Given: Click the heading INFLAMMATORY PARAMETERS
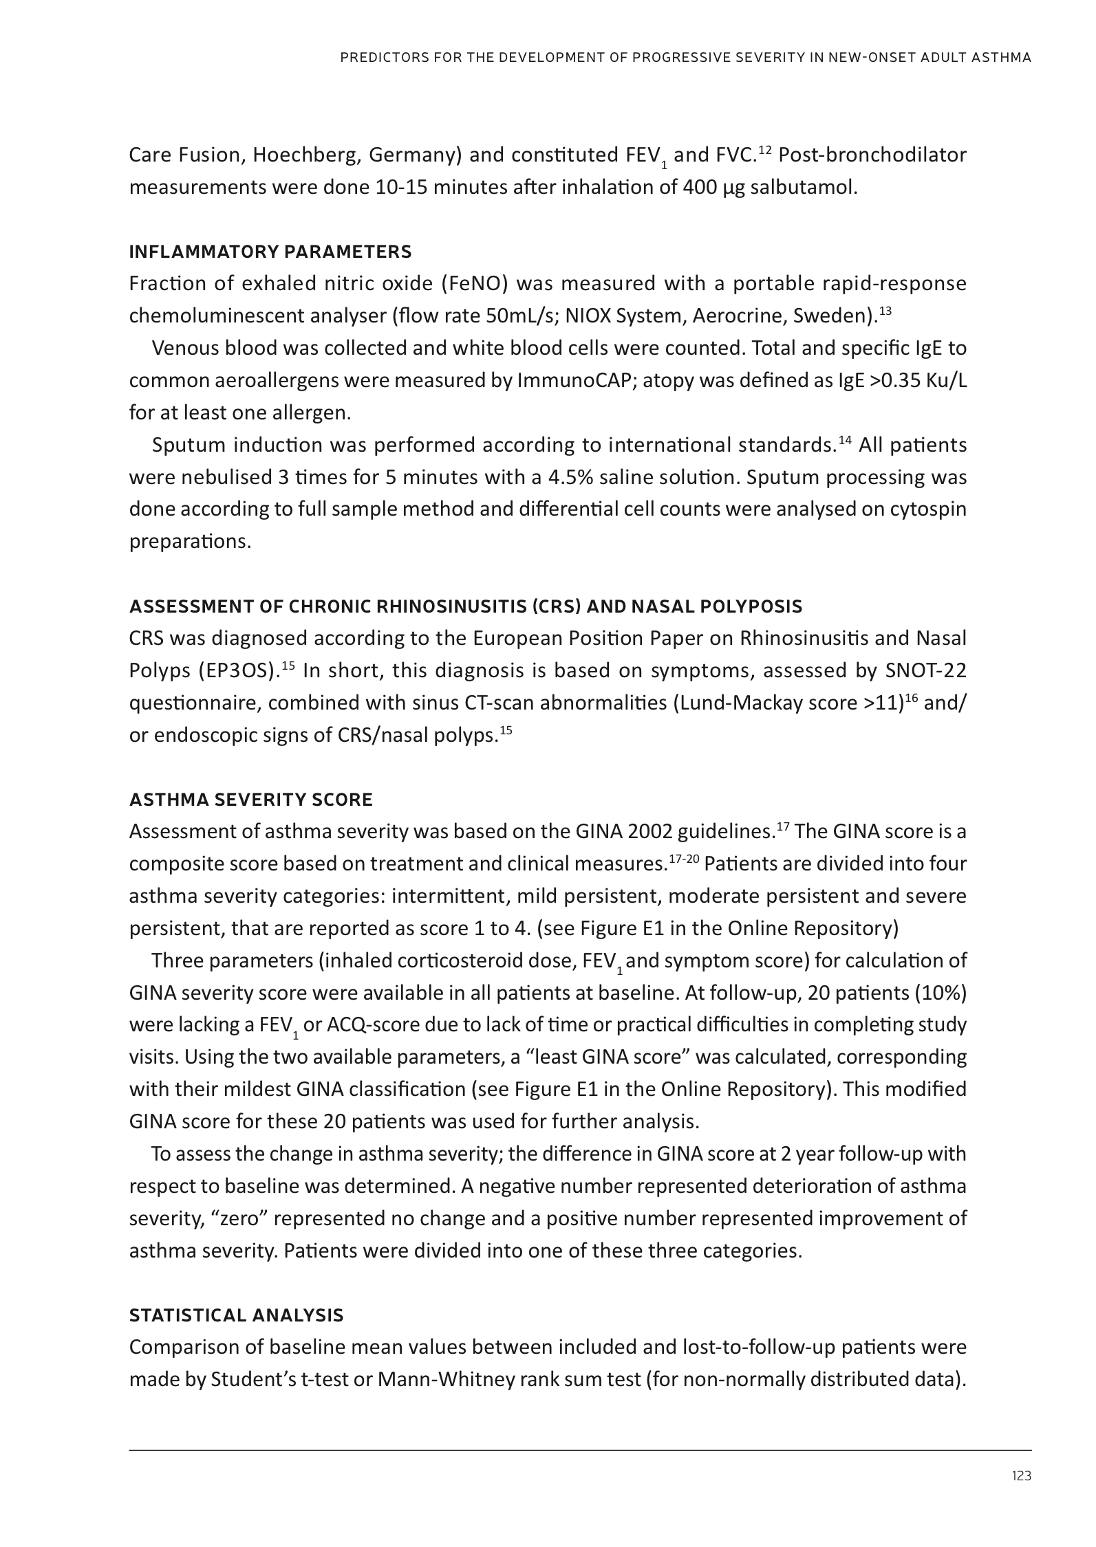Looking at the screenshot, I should (x=270, y=252).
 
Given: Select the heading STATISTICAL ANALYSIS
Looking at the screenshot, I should (x=236, y=1315).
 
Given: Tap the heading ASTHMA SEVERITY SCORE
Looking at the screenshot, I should (x=251, y=800).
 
